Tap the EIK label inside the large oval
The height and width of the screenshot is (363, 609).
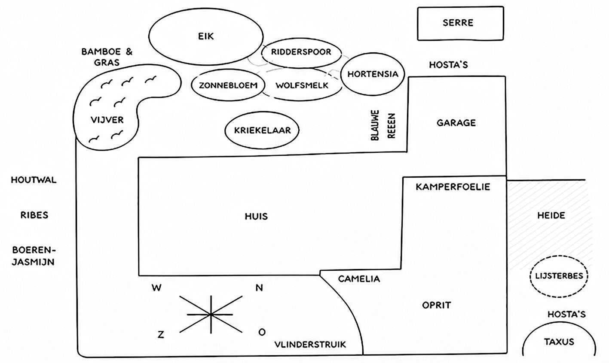[x=206, y=36]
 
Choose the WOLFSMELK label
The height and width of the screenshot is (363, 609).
[x=302, y=85]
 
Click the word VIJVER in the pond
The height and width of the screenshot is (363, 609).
[x=107, y=120]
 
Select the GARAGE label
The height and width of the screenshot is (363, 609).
[x=456, y=123]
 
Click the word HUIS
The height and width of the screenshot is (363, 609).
[x=256, y=216]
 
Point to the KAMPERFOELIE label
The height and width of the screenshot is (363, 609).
[x=453, y=187]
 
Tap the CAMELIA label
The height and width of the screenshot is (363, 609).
[x=359, y=279]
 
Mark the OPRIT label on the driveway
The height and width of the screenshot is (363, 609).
[x=436, y=305]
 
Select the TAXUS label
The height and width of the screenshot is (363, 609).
[x=559, y=342]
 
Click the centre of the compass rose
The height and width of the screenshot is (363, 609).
[x=211, y=315]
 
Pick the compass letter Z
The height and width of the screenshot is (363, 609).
[x=161, y=335]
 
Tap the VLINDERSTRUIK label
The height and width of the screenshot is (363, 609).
[x=310, y=345]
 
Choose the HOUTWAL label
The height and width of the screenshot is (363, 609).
[x=34, y=180]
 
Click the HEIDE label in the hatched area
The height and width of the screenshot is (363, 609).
[x=551, y=215]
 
